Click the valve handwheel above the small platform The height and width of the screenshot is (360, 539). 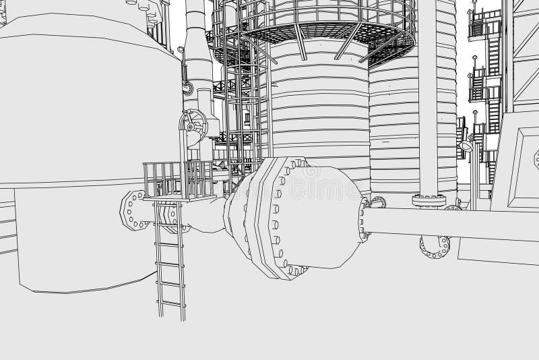point(193,125)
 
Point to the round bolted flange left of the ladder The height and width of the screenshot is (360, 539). point(132,208)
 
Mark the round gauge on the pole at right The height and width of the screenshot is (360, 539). point(466,145)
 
